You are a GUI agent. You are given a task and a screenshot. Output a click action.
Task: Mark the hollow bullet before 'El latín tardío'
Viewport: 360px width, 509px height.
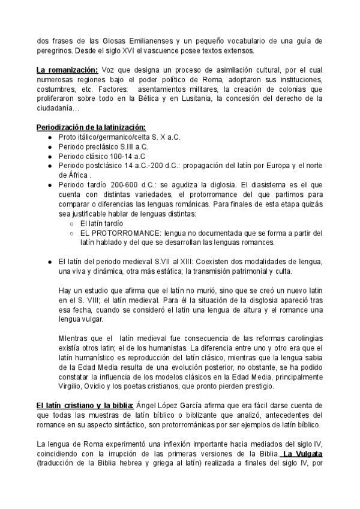pyautogui.click(x=71, y=223)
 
